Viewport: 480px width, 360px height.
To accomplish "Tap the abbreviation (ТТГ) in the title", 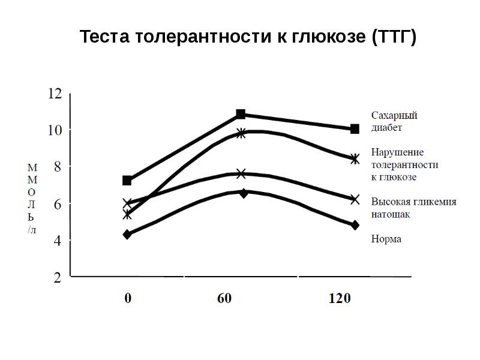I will point(394,37).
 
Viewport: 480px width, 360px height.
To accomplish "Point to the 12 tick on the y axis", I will point(55,94).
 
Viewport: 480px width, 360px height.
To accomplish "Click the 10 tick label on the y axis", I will point(55,130).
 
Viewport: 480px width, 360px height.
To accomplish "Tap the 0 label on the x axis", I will point(128,298).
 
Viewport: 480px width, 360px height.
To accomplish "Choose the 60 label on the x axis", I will point(224,298).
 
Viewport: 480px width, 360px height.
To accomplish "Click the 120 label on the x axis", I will point(339,298).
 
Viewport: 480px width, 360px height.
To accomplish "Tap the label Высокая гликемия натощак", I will point(413,208).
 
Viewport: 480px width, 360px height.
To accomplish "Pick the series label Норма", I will point(386,239).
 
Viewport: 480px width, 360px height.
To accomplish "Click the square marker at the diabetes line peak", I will point(241,114).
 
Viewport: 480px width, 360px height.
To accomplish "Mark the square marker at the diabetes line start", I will point(127,181).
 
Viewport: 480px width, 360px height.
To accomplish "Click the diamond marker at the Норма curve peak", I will point(243,193).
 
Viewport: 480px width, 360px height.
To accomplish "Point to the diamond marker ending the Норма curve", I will point(355,225).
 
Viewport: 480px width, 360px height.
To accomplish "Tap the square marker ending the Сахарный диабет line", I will point(355,129).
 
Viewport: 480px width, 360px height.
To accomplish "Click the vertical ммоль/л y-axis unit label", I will point(32,197).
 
